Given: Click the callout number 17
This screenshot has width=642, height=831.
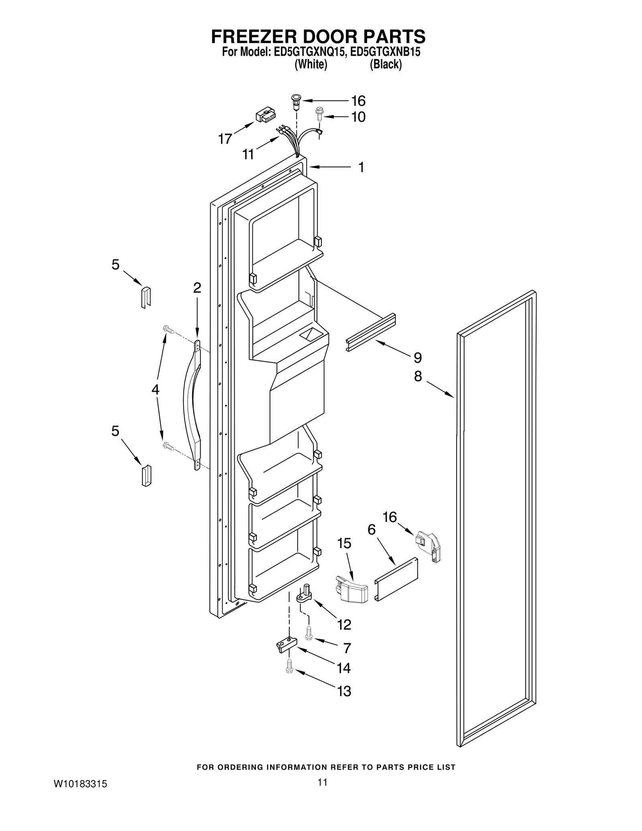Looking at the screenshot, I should click(x=225, y=139).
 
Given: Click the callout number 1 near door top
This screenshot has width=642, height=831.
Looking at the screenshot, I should click(x=361, y=167).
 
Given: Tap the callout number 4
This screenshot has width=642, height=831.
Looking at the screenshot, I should click(x=155, y=389).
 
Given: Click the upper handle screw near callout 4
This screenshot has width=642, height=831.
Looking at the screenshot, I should click(x=168, y=330).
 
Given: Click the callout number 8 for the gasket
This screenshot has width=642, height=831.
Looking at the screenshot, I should click(x=418, y=376).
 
